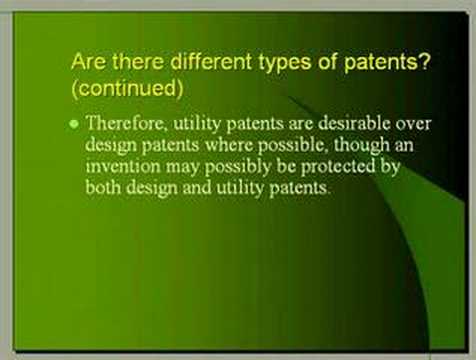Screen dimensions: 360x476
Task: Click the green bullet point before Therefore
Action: (x=74, y=126)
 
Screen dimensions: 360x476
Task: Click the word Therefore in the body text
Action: (x=123, y=125)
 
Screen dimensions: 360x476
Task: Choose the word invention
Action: (x=123, y=168)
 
